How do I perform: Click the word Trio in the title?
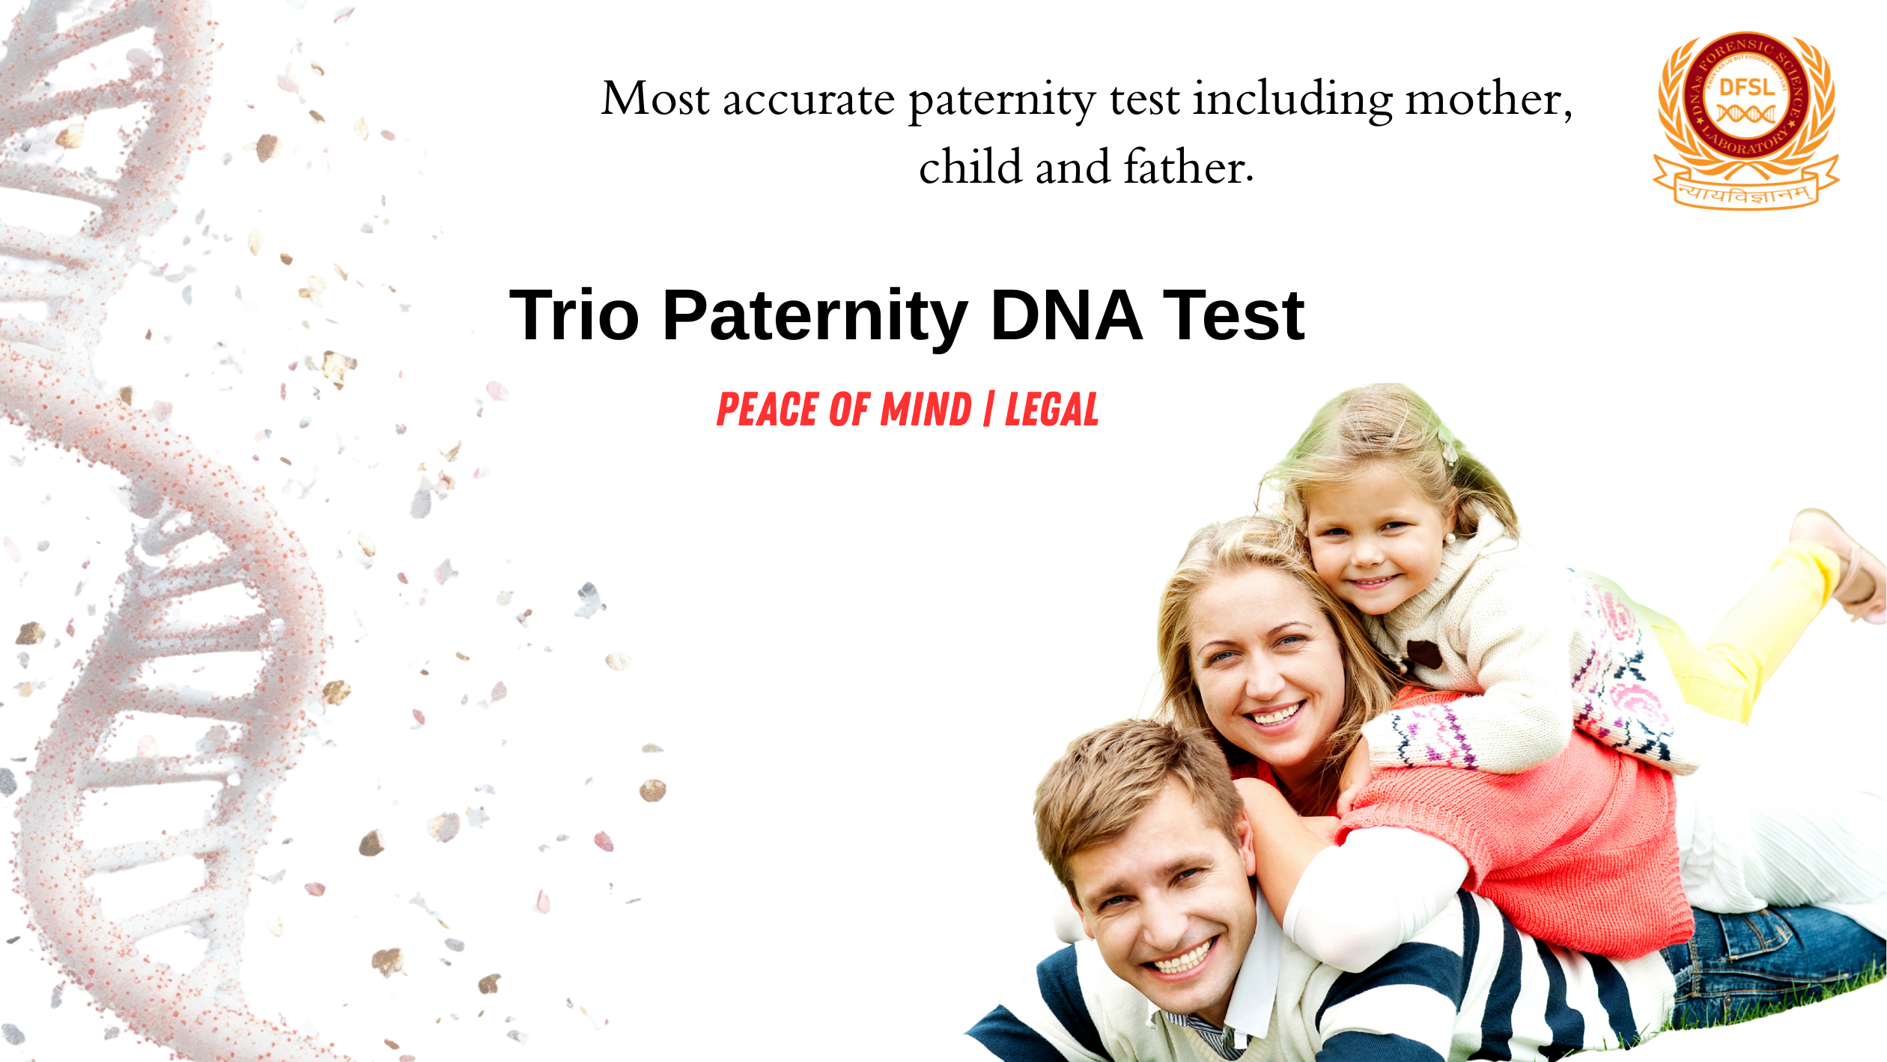[574, 316]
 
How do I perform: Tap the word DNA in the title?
[1066, 316]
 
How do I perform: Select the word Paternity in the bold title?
[815, 318]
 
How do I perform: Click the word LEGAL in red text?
[1051, 410]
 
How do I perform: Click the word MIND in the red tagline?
[926, 410]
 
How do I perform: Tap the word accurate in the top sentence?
[808, 100]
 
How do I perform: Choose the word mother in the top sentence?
[1487, 100]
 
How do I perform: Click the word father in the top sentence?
[1188, 167]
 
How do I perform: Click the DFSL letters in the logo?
[1747, 88]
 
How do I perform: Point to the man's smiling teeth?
[1183, 960]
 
